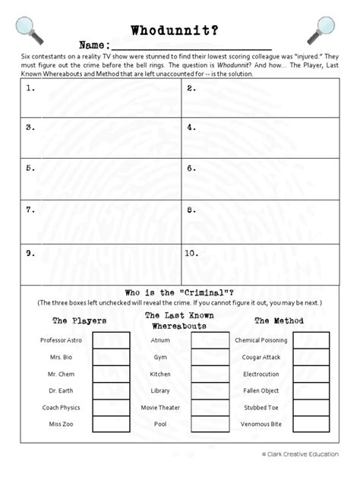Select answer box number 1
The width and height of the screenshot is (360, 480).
(x=101, y=99)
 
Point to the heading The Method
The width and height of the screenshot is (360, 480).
(x=279, y=321)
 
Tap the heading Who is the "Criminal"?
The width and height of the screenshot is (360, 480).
(x=179, y=293)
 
